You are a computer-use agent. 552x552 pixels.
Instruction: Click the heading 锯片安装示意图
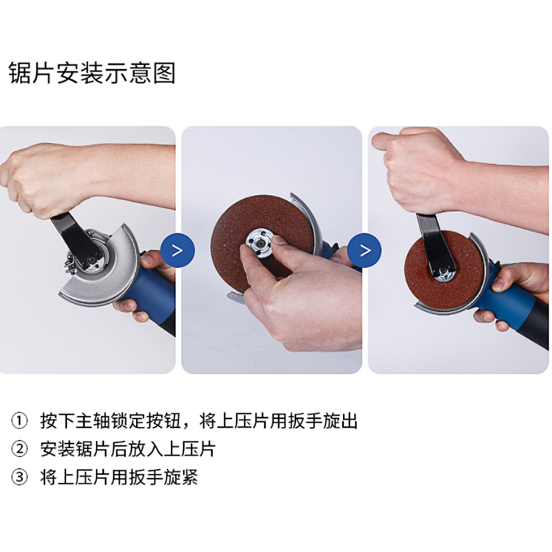pyautogui.click(x=92, y=73)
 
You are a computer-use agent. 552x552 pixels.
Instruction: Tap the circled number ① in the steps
pyautogui.click(x=19, y=421)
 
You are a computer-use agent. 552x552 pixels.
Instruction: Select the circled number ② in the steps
pyautogui.click(x=19, y=449)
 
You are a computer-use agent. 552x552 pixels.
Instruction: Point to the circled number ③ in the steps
pyautogui.click(x=19, y=477)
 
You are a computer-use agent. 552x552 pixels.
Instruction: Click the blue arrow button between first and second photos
pyautogui.click(x=177, y=250)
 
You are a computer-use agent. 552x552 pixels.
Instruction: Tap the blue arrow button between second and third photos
pyautogui.click(x=364, y=250)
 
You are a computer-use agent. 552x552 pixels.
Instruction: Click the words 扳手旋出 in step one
pyautogui.click(x=322, y=421)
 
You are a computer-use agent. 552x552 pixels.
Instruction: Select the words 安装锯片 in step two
pyautogui.click(x=75, y=449)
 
